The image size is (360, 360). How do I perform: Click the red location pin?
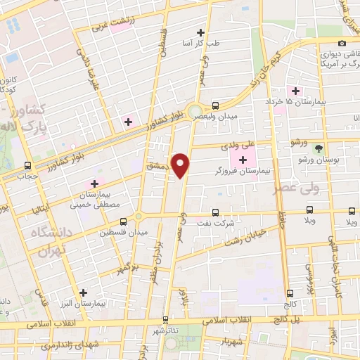coord(181,165)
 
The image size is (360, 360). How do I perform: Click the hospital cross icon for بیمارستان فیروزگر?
coord(243,160)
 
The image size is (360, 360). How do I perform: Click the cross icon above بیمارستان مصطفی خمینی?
coord(94,184)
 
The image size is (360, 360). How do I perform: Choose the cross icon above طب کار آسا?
coord(201,32)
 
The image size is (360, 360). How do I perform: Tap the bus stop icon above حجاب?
coord(28,166)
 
